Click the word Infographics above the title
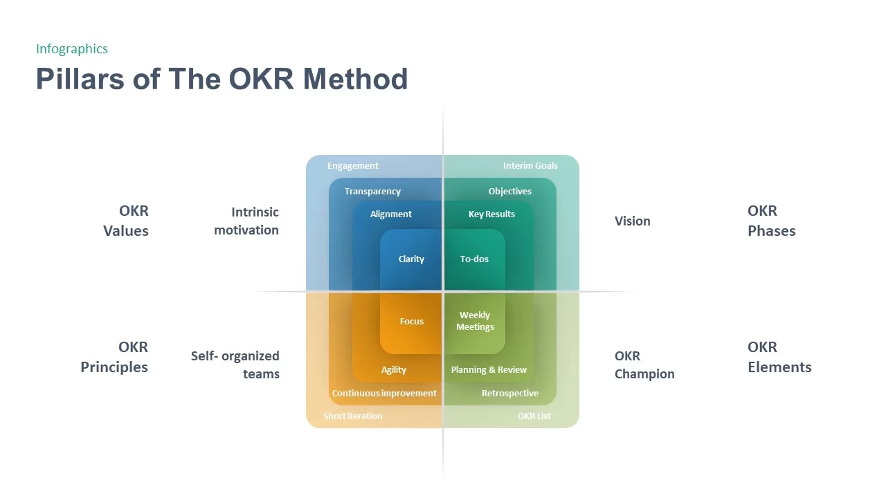pos(72,48)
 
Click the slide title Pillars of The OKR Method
pos(221,79)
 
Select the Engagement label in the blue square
pos(353,166)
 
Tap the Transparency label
pos(372,192)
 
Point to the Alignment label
pos(391,214)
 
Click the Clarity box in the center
pos(411,259)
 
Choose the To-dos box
pos(474,259)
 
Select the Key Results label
pos(491,214)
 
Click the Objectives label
pos(510,192)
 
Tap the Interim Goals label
pos(530,166)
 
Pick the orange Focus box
pos(411,322)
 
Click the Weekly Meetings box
pos(475,321)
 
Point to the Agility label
pos(394,370)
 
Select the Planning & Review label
pos(489,370)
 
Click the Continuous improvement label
pos(384,394)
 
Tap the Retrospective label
pos(510,394)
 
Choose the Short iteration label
pos(353,416)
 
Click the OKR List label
pos(534,416)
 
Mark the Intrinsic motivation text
pos(246,221)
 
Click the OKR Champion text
pos(644,365)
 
